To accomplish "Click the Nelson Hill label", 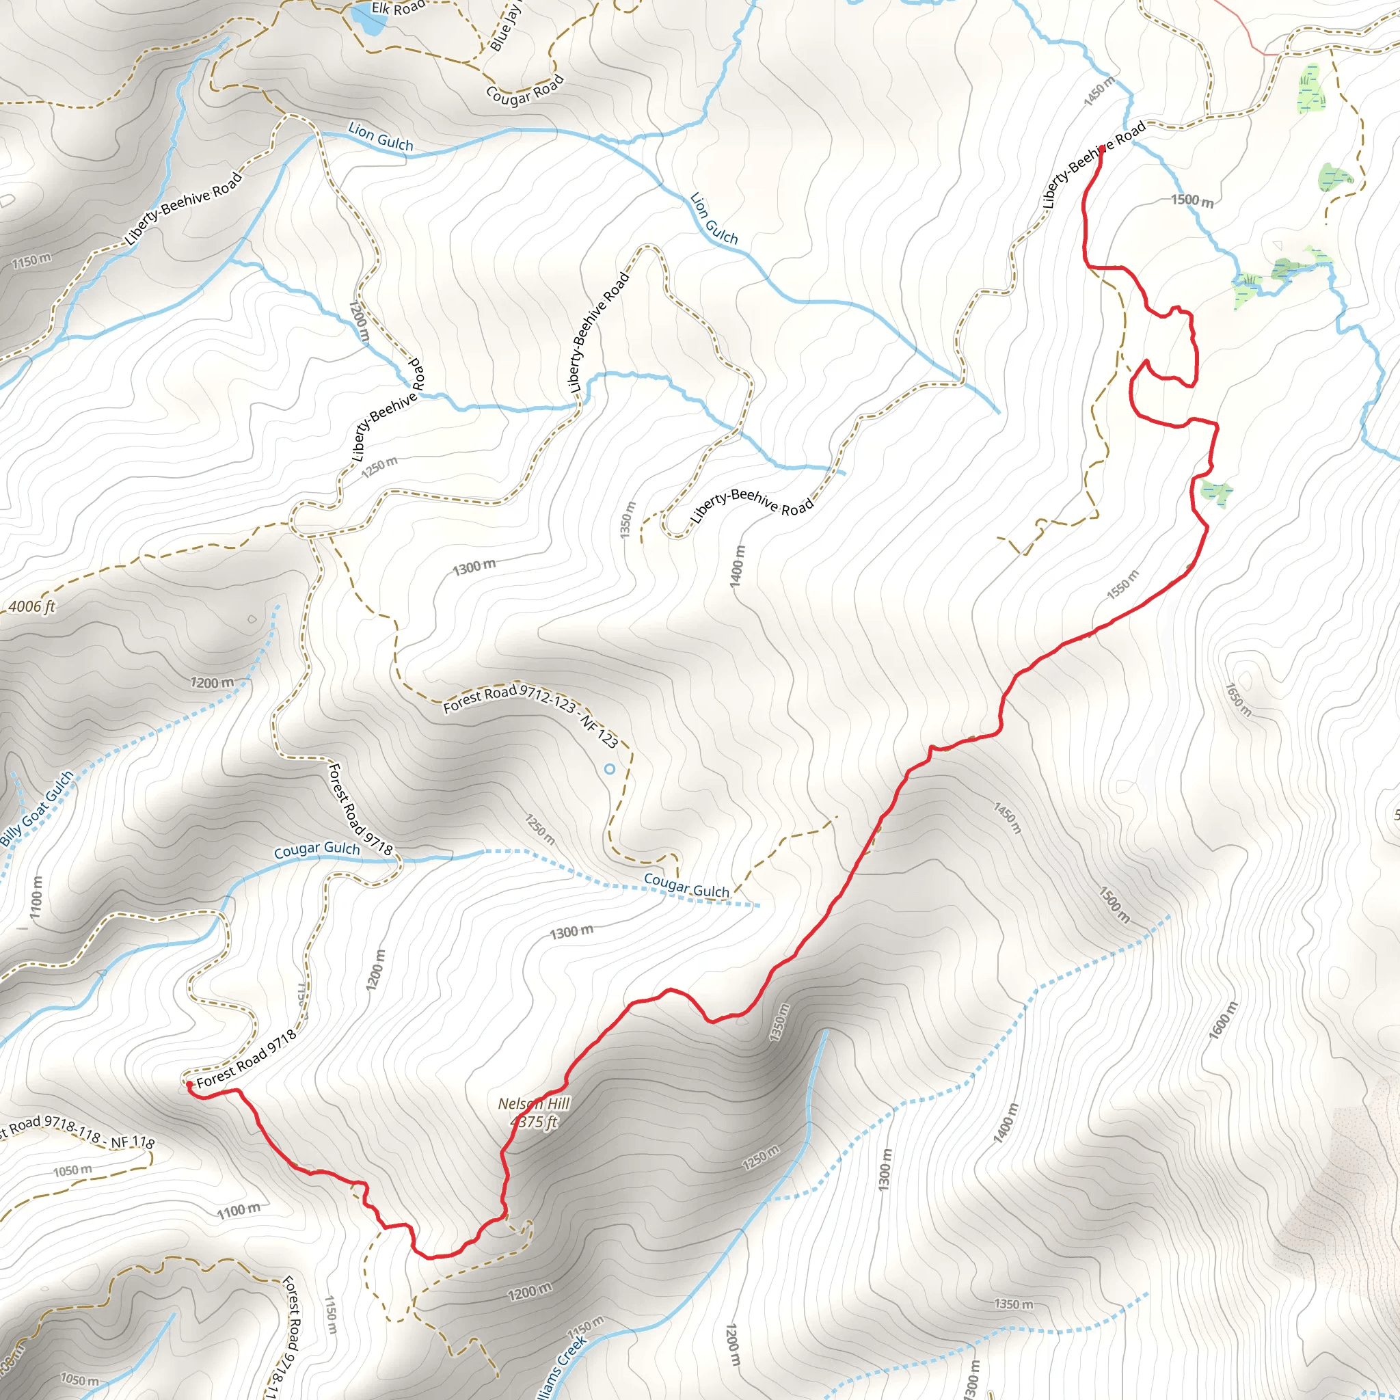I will [x=534, y=1103].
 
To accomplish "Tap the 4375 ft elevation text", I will [x=534, y=1122].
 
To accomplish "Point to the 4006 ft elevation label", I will [x=32, y=606].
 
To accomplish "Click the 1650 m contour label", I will [x=1239, y=699].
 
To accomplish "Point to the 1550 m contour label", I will [x=1122, y=584].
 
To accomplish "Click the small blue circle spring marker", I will [x=609, y=769].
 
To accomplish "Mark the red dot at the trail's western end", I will [x=189, y=1084].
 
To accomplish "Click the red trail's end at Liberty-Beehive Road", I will [x=1101, y=149].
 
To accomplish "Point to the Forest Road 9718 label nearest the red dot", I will [x=246, y=1059].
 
